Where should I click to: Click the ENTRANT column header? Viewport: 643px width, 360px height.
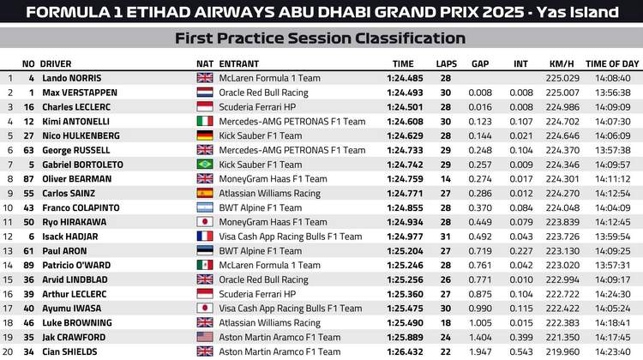click(x=238, y=63)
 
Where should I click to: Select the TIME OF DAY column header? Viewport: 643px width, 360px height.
click(x=612, y=63)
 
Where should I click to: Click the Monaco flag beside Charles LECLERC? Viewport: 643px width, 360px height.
click(x=205, y=106)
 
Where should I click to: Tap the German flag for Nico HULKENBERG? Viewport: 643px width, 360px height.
click(x=205, y=135)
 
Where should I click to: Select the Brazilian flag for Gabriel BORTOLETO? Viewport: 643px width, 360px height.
click(x=205, y=165)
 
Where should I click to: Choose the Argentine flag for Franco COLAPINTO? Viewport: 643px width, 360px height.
click(x=205, y=207)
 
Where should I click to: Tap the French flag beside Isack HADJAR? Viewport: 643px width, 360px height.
click(x=205, y=236)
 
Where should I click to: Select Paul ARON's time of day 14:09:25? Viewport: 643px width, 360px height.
click(x=612, y=250)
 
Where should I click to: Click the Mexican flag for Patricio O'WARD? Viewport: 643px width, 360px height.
click(x=205, y=265)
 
